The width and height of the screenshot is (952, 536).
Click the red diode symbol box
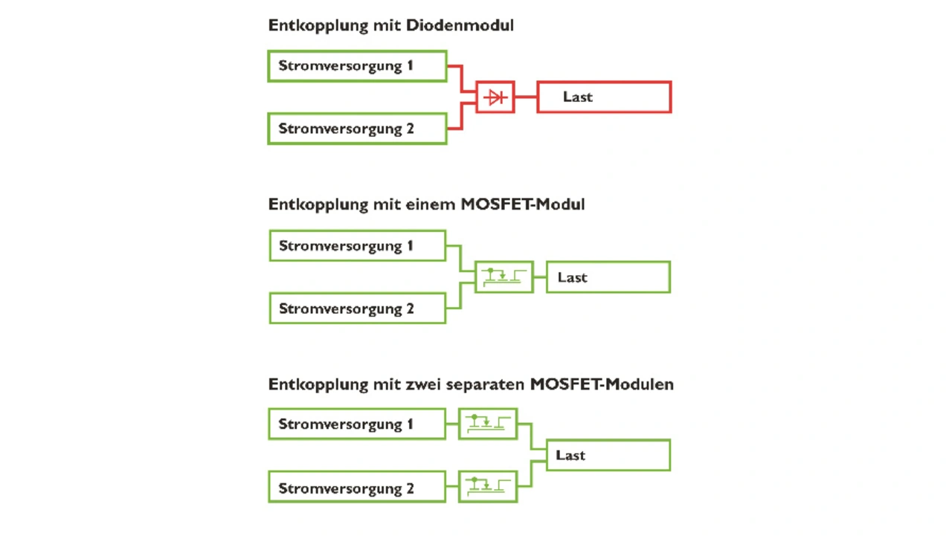coord(495,97)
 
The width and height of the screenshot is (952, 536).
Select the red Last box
coord(604,97)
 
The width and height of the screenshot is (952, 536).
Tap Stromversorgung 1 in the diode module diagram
coord(357,65)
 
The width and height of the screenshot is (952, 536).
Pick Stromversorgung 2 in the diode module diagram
coord(357,129)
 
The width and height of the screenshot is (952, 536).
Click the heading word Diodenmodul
coord(460,25)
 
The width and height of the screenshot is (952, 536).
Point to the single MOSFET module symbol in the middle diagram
coord(504,277)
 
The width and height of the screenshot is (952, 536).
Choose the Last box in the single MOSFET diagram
coord(608,277)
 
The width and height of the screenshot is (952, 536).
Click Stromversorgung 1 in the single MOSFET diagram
coord(357,246)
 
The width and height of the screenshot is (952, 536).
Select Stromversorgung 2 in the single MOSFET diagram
coord(357,309)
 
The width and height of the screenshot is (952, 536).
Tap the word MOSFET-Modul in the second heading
coord(522,204)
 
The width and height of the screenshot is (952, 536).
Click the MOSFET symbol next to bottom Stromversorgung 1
coord(488,424)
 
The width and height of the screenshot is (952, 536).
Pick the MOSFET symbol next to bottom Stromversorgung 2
coord(488,487)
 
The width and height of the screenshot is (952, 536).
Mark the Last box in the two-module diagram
coord(608,455)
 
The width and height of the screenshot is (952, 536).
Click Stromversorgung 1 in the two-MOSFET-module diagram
coord(357,424)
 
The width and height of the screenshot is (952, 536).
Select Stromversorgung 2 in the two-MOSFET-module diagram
coord(357,488)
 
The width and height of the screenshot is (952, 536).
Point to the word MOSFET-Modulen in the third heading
coord(602,384)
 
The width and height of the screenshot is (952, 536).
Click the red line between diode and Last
coord(525,97)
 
